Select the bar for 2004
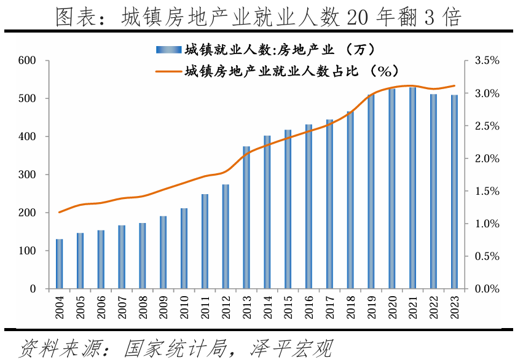60,264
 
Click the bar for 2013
246,217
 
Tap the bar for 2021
413,188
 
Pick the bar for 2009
163,252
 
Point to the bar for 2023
454,192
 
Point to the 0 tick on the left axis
34,289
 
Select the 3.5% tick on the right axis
486,61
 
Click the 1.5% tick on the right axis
486,191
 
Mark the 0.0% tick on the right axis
486,289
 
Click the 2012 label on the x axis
226,307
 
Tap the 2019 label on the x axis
371,307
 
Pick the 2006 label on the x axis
101,307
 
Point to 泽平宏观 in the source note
290,348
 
